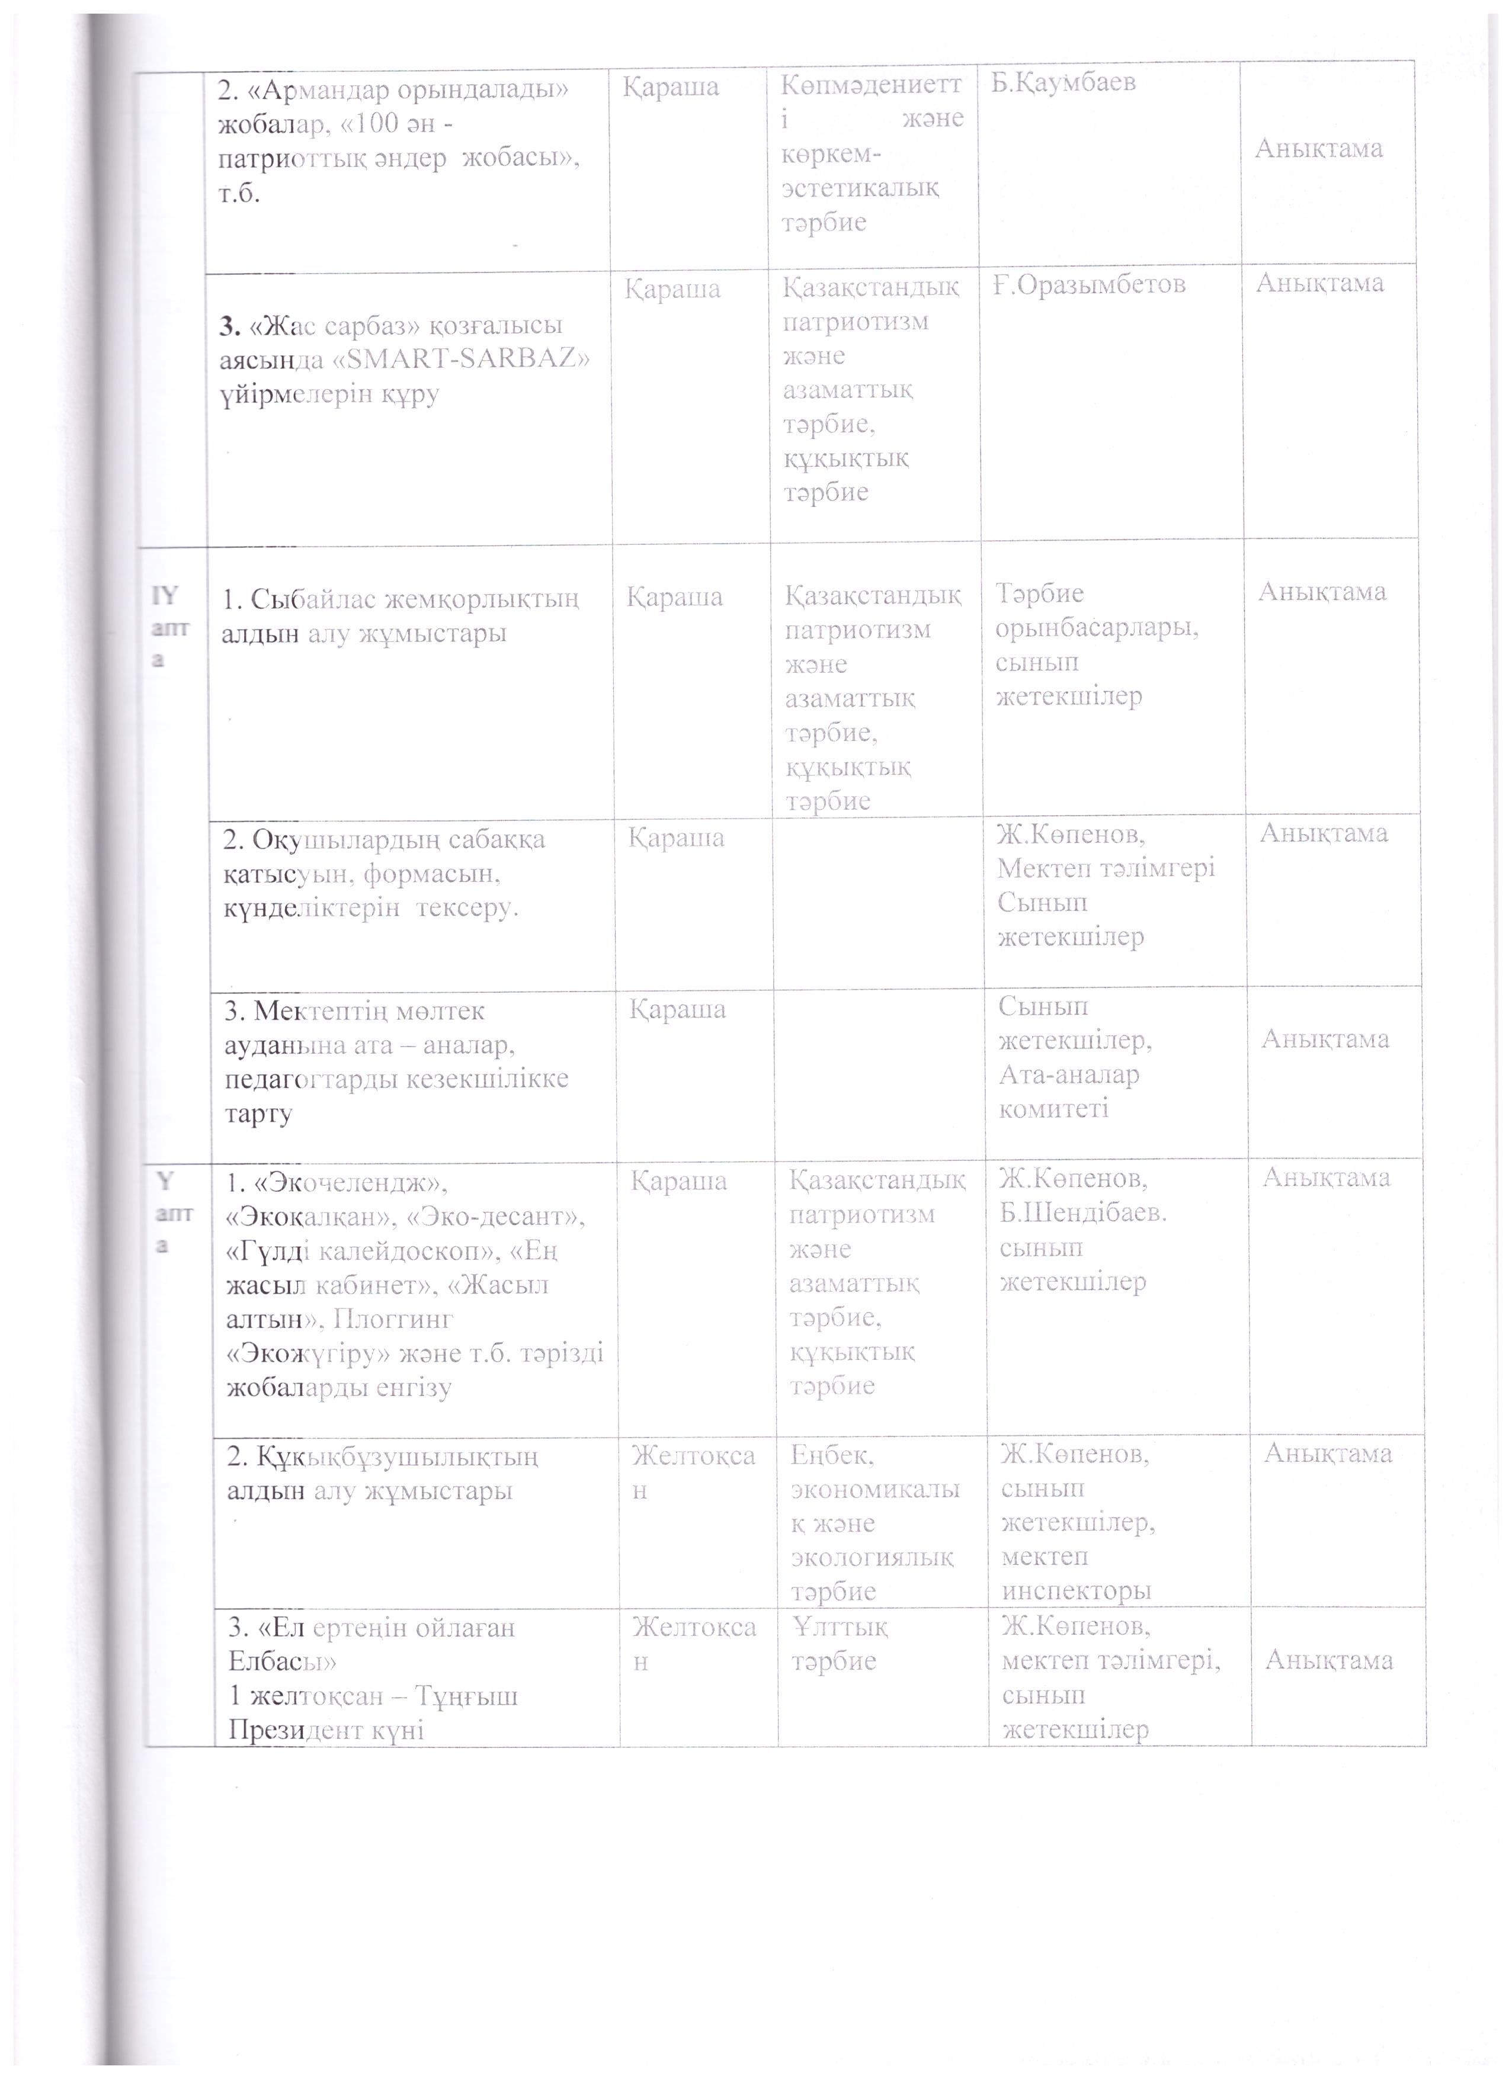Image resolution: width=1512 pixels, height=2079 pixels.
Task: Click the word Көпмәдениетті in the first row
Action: coord(872,85)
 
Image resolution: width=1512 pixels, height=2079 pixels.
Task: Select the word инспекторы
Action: coord(1075,1592)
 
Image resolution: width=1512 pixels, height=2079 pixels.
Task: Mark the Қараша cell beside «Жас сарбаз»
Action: coord(673,290)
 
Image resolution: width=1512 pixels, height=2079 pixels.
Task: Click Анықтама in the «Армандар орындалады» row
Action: coord(1318,149)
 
